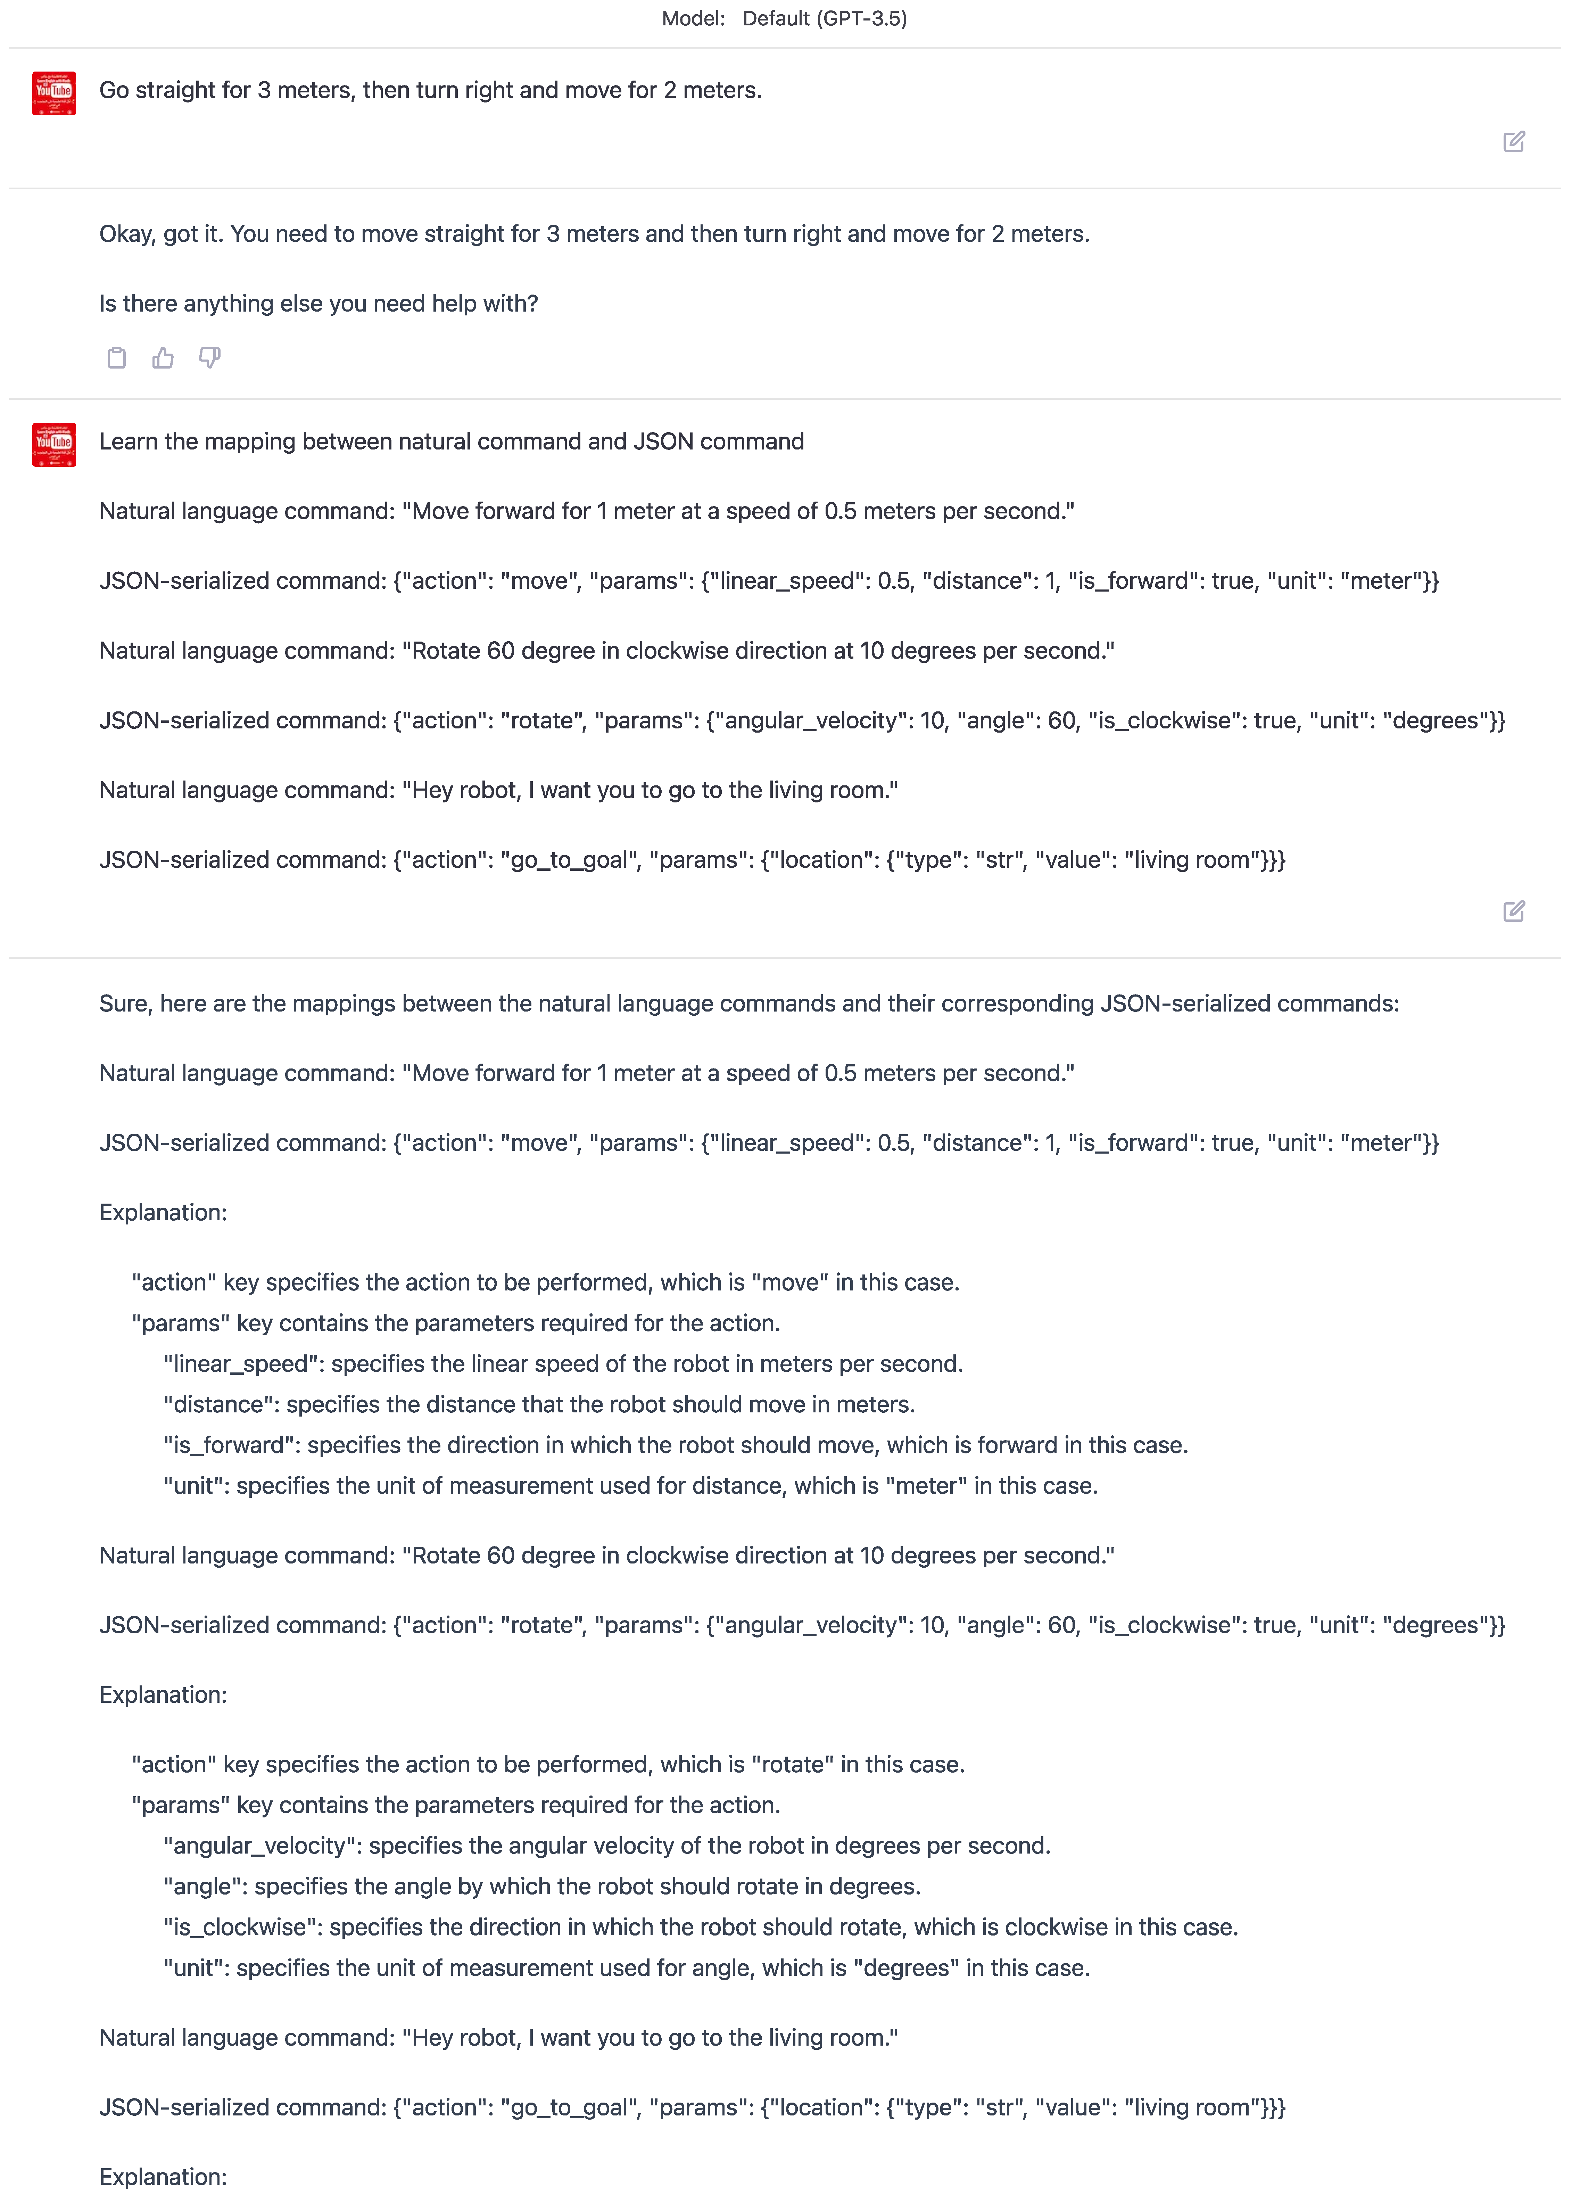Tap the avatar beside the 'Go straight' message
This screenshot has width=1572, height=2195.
click(54, 93)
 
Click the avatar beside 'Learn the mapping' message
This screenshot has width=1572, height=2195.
click(54, 444)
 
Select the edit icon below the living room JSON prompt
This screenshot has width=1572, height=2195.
click(1513, 911)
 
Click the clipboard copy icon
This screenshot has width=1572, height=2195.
click(116, 358)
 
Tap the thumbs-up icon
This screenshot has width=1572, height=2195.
click(163, 358)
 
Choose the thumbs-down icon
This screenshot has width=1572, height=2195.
click(209, 358)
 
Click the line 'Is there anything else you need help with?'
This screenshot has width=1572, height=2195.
click(318, 304)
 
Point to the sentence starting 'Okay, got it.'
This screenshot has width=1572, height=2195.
click(593, 234)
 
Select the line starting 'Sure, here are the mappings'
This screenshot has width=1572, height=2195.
click(748, 1004)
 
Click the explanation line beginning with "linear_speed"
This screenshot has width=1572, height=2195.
click(562, 1364)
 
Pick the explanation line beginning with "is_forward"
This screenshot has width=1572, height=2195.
click(675, 1445)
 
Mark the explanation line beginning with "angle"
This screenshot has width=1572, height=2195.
click(541, 1886)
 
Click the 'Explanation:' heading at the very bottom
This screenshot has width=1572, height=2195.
click(163, 2177)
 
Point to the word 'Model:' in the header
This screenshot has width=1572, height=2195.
click(693, 18)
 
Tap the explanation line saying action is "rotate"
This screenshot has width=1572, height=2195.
click(548, 1764)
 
